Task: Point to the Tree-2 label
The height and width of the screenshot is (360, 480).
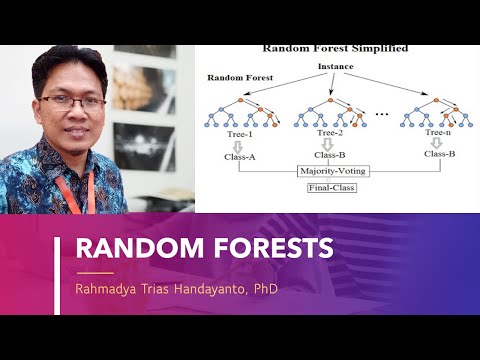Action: click(x=329, y=133)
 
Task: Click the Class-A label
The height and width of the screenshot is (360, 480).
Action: click(x=240, y=155)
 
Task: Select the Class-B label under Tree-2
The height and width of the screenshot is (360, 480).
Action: click(x=329, y=155)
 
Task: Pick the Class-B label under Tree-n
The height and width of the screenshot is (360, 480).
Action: click(x=439, y=154)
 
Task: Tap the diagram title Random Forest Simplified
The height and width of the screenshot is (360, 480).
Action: click(x=335, y=48)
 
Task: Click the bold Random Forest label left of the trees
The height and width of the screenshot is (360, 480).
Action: click(x=239, y=77)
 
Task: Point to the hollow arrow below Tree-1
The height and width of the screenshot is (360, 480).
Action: click(x=241, y=144)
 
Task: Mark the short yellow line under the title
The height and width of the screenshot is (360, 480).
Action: click(x=95, y=272)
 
